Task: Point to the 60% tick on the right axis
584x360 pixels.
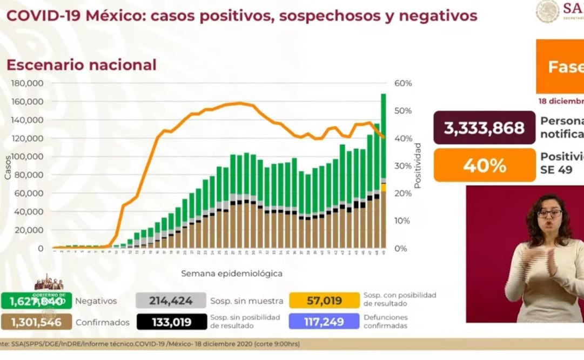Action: pos(403,84)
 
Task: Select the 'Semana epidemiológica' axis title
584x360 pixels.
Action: pos(231,274)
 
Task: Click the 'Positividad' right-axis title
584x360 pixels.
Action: pos(418,165)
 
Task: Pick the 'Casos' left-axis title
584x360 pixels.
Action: pos(8,168)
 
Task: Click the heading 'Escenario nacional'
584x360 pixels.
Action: pos(81,65)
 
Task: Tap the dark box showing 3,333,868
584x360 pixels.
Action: pos(484,128)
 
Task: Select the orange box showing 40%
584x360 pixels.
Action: pos(484,165)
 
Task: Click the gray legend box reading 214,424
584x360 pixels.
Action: pos(171,301)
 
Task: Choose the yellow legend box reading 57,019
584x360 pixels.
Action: pos(324,301)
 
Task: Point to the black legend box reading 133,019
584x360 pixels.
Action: pos(171,322)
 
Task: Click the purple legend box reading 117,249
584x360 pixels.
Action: pos(324,322)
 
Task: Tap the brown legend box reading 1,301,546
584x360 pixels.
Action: pos(36,322)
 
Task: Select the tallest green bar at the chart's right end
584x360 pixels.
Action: pos(383,135)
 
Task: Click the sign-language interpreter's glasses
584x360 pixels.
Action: pos(549,214)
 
